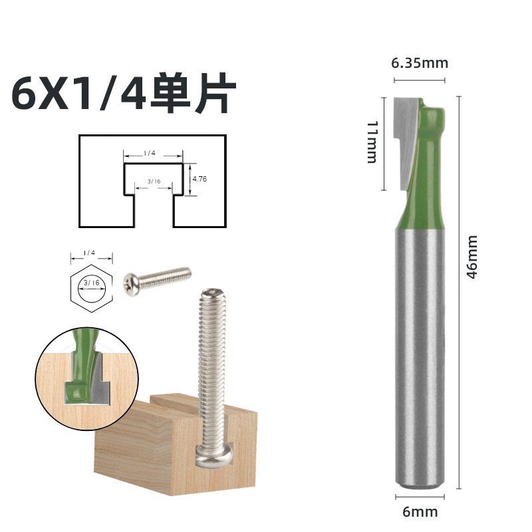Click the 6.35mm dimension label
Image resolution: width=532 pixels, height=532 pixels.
[x=419, y=63]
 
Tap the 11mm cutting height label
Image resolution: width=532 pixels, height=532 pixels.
[x=372, y=142]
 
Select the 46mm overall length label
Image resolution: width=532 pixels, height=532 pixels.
[x=472, y=257]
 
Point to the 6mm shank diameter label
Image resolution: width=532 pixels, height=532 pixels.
[x=420, y=512]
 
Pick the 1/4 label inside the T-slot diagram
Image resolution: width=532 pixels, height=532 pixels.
[x=149, y=153]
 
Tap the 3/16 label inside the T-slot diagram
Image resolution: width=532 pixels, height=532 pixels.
[x=154, y=181]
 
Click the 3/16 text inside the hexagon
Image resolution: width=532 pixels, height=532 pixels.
[x=90, y=283]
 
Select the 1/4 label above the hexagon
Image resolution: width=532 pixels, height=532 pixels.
[x=90, y=253]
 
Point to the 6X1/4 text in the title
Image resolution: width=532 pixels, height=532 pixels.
[x=80, y=95]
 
